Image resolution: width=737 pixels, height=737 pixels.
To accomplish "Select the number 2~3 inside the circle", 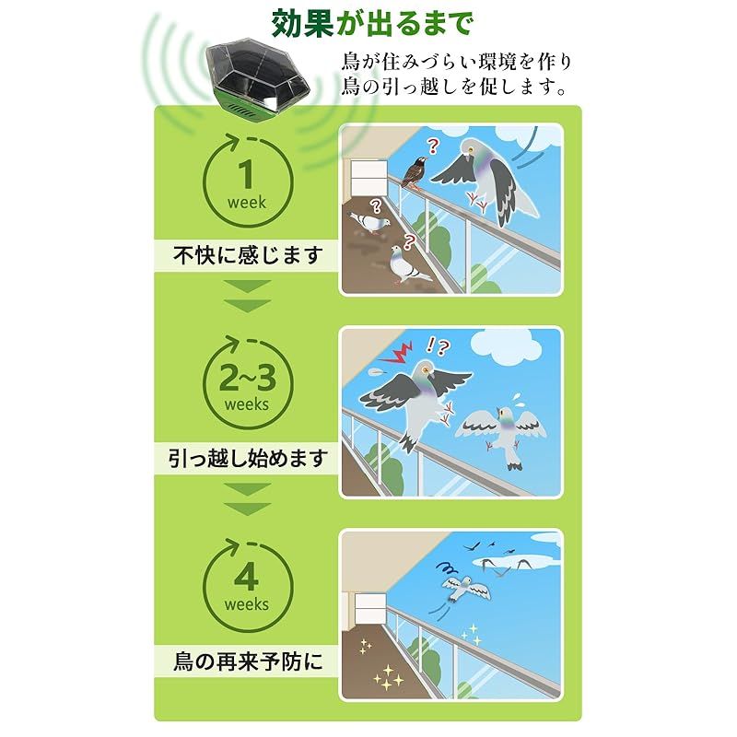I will coord(246,379).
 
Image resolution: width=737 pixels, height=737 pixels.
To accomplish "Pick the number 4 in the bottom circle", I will coord(246,579).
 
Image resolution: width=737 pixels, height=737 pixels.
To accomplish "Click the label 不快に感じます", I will coord(248,255).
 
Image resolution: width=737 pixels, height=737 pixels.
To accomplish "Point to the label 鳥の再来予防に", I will coord(249,661).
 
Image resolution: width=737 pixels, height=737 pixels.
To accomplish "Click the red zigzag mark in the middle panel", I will coord(402,352).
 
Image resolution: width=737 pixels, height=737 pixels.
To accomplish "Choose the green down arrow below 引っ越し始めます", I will coord(248,497).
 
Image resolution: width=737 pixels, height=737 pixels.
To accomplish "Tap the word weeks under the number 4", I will coord(246,605).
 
